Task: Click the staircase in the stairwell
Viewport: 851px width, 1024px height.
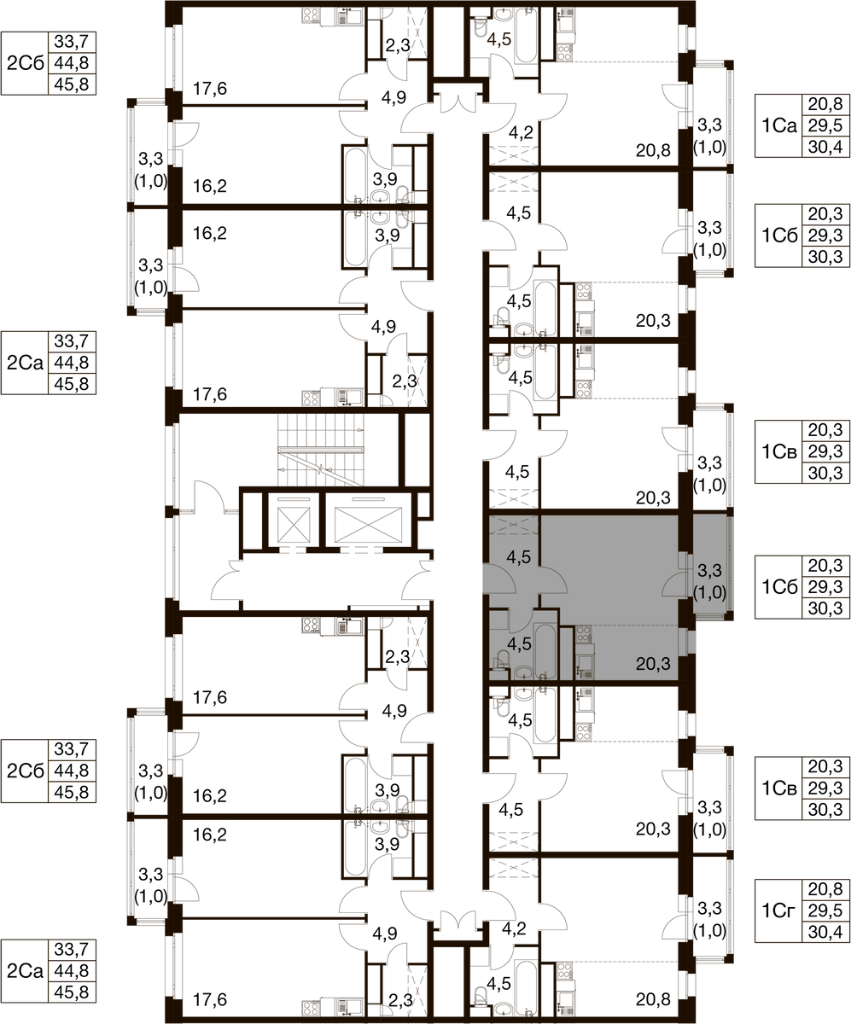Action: click(x=321, y=449)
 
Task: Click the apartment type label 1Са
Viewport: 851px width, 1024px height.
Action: click(x=779, y=126)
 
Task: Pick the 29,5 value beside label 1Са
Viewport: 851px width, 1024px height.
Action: click(x=825, y=125)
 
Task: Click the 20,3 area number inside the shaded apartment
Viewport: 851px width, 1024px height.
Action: click(x=653, y=664)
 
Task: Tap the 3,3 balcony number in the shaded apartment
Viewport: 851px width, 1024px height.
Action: click(x=710, y=570)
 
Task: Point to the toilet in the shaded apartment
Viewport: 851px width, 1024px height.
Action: click(x=501, y=660)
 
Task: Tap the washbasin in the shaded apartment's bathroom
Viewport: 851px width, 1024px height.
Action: click(x=524, y=672)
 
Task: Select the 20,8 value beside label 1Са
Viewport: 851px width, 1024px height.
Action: click(x=825, y=104)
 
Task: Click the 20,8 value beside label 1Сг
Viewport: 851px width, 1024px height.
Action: click(x=825, y=888)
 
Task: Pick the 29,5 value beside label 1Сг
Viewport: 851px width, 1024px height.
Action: click(x=825, y=910)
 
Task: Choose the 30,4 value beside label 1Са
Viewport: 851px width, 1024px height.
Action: click(x=825, y=147)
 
